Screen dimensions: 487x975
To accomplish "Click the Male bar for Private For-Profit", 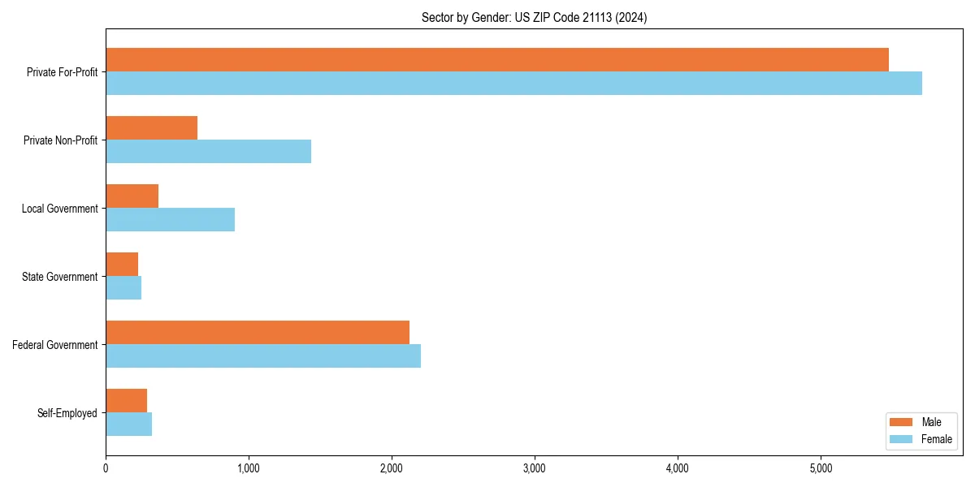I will (x=496, y=59).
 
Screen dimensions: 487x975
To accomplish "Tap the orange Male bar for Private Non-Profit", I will (x=151, y=127).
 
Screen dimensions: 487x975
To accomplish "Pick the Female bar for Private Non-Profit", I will (x=208, y=151).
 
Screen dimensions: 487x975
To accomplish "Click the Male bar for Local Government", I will (x=132, y=196).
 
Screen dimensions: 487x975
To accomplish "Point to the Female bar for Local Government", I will (x=170, y=219).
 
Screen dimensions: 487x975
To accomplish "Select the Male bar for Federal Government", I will (x=258, y=332).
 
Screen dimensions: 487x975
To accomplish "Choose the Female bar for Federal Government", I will (x=263, y=356).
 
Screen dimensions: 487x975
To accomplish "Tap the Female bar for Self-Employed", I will (x=128, y=424).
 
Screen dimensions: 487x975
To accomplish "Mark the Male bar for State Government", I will (x=122, y=264).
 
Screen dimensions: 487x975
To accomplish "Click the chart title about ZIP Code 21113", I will (x=534, y=17).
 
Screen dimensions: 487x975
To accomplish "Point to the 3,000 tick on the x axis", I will (x=535, y=468).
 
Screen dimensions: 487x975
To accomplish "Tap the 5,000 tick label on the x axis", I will (x=821, y=468).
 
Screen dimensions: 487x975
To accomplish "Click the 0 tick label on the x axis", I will (x=106, y=468).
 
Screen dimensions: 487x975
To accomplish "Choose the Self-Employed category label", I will (x=67, y=413).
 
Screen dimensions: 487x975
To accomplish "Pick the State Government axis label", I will (x=60, y=277).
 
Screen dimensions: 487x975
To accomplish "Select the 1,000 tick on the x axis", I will (x=249, y=468).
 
